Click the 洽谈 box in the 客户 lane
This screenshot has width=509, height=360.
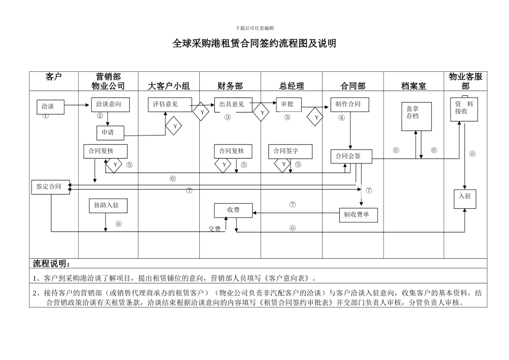(53, 107)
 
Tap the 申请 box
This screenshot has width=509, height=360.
(110, 132)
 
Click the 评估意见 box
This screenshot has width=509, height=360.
(169, 104)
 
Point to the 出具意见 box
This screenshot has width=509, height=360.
(233, 104)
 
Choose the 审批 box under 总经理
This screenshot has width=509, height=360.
(288, 104)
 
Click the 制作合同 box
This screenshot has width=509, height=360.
(349, 104)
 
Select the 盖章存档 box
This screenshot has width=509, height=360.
(416, 116)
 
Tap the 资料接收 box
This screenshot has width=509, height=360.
(463, 109)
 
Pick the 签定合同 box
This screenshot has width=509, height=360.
(50, 187)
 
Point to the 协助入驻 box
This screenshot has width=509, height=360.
(107, 205)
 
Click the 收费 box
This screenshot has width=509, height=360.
(233, 211)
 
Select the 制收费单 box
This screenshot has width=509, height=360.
(357, 215)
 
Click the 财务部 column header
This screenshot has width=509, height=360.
(230, 86)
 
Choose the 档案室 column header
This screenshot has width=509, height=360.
(414, 86)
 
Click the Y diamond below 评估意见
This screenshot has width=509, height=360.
(174, 126)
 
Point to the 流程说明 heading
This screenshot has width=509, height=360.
(51, 264)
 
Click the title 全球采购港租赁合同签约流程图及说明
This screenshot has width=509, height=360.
(254, 44)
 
